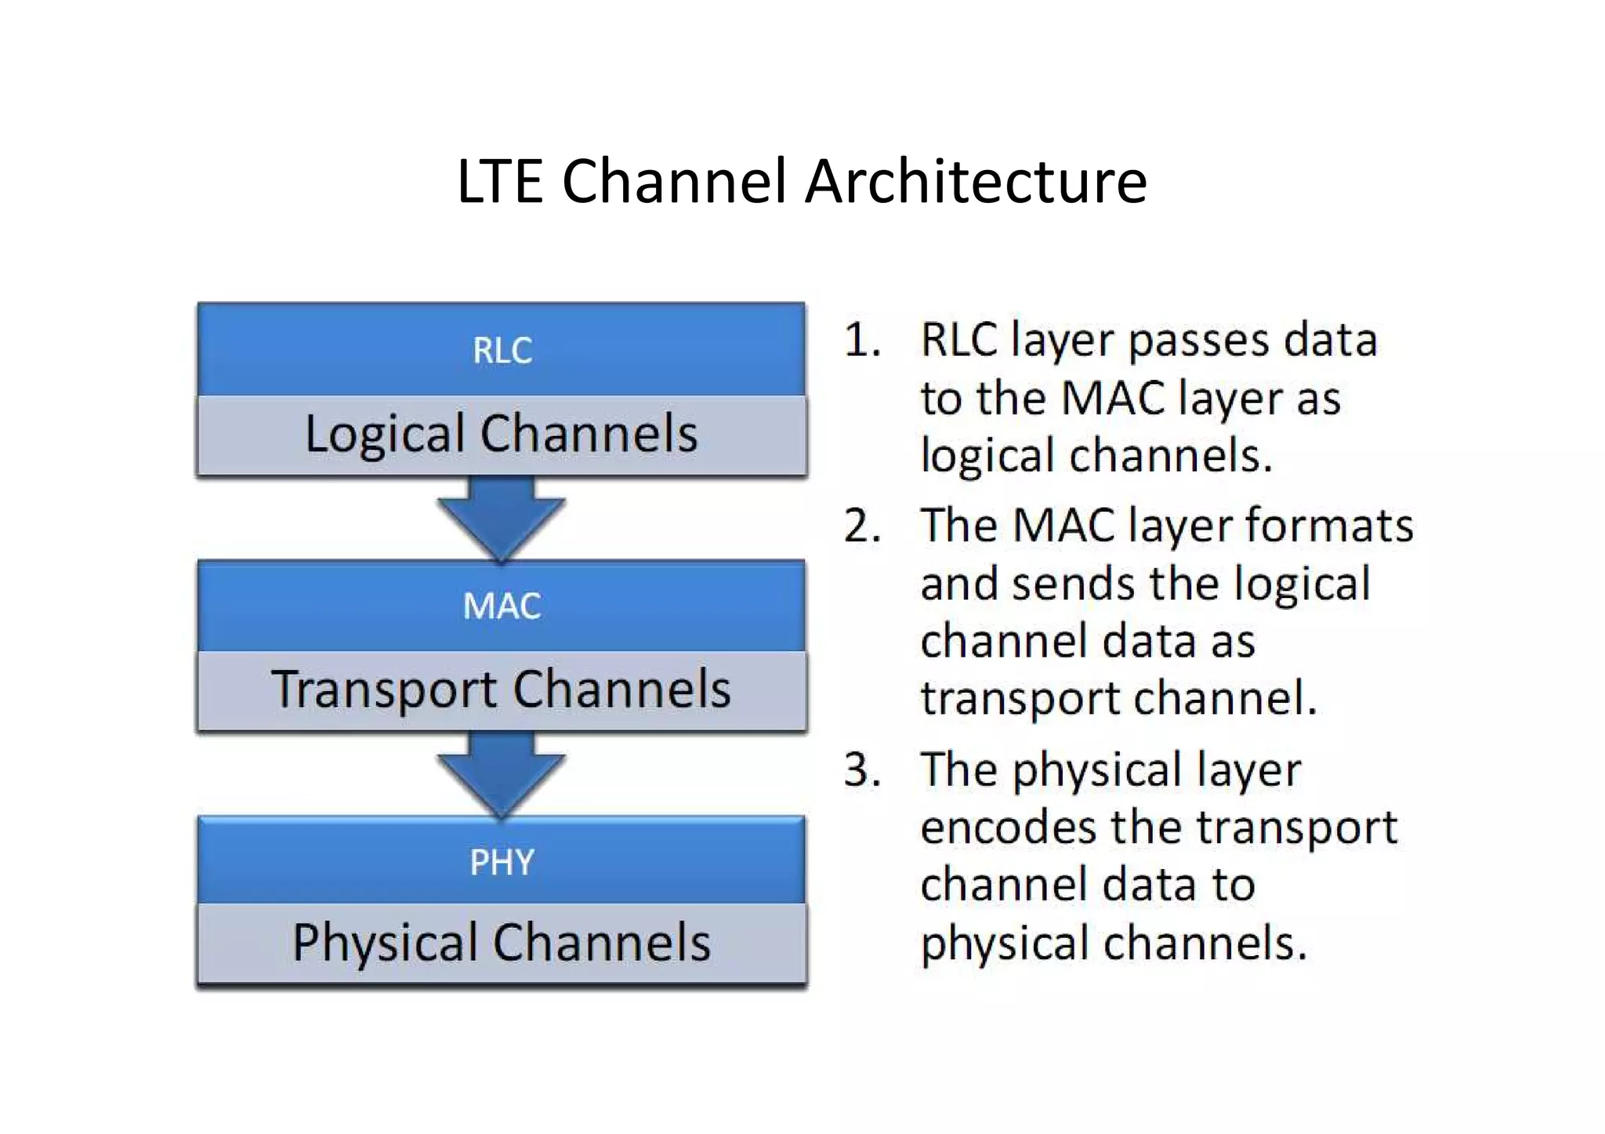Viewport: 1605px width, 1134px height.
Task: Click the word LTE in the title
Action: click(499, 181)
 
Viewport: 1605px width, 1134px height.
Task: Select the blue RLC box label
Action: click(502, 350)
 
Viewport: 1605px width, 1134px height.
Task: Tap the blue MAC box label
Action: click(502, 606)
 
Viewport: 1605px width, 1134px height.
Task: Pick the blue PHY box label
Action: click(502, 862)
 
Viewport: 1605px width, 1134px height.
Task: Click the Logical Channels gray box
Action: click(502, 434)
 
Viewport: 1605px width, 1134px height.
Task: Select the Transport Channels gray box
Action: click(502, 690)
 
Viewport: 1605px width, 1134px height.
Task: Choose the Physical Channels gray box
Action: click(502, 943)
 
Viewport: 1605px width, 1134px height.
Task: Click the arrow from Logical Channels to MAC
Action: click(502, 518)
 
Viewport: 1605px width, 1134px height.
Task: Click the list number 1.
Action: click(861, 341)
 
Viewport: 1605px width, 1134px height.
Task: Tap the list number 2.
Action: click(861, 527)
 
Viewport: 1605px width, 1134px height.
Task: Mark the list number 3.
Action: click(861, 770)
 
